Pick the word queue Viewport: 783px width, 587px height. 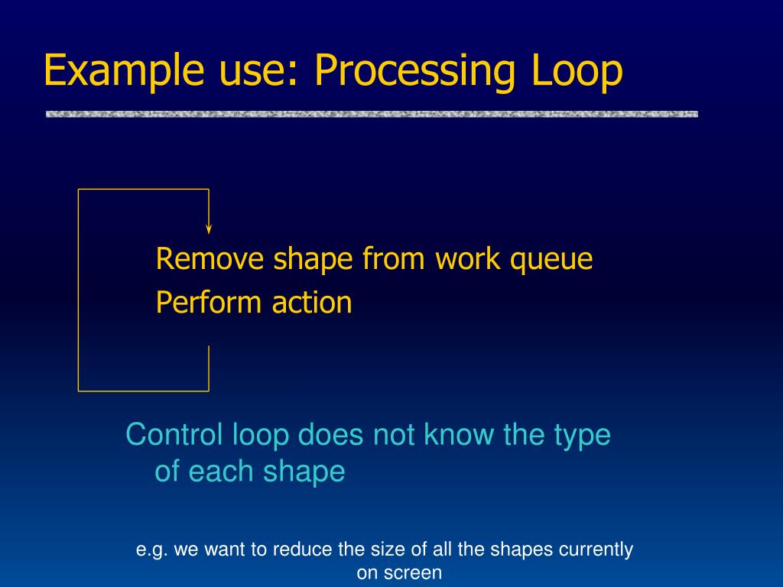coord(551,260)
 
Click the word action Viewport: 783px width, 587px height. coord(311,303)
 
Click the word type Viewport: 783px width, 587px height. coord(581,436)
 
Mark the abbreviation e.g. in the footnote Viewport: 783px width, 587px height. coord(151,550)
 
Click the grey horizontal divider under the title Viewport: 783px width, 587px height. coord(372,114)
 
